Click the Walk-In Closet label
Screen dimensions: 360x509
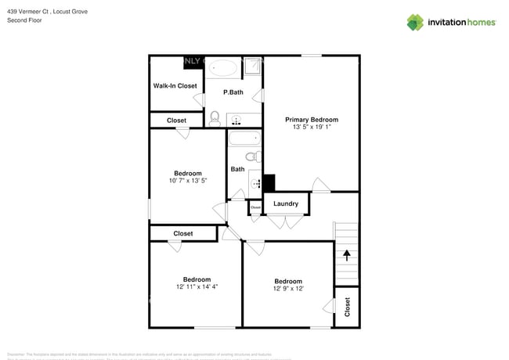(175, 85)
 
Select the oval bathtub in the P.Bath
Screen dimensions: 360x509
(224, 68)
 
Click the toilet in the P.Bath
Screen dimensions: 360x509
(215, 118)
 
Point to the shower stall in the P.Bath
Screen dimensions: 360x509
(252, 68)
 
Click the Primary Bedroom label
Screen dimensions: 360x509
(311, 119)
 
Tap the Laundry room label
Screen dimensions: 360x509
(286, 203)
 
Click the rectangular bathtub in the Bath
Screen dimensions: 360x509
(244, 140)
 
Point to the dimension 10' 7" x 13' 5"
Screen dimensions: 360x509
(187, 181)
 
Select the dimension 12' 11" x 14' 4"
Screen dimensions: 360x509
(197, 286)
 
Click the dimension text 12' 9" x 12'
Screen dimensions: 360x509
(287, 289)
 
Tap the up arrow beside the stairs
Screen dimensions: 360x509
(346, 254)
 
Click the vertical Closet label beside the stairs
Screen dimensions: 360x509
(347, 308)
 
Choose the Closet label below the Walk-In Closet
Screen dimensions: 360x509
(176, 121)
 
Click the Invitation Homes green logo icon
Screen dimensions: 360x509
(415, 22)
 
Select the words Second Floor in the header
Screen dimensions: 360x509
(24, 20)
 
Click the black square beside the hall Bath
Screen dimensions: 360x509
(269, 182)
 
